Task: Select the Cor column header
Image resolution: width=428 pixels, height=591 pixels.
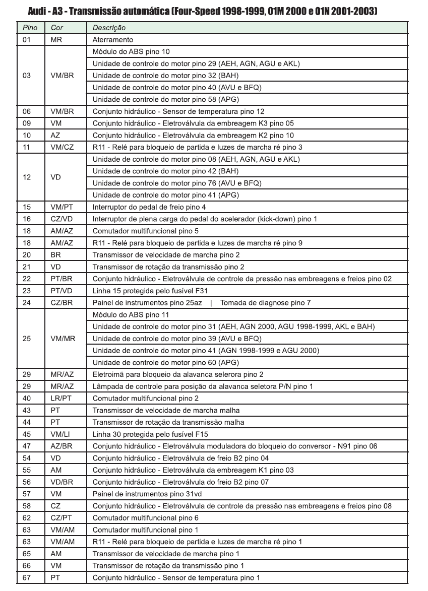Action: click(57, 28)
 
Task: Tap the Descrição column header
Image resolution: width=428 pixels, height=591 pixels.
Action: click(109, 28)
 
